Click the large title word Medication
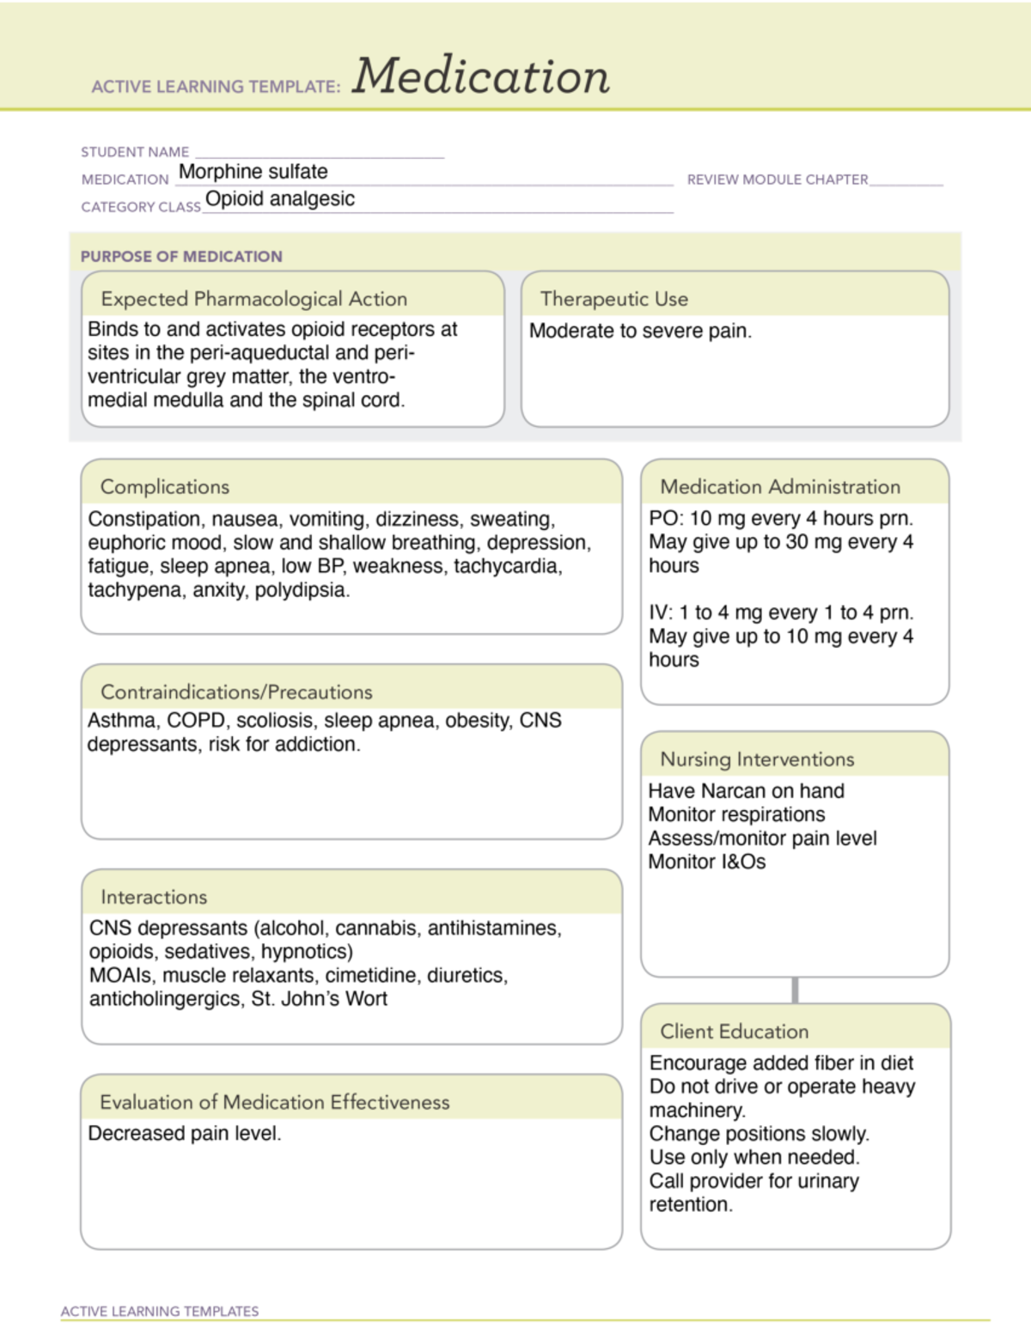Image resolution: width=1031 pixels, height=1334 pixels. pyautogui.click(x=481, y=76)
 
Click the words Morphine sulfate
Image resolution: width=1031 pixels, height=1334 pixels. pyautogui.click(x=253, y=172)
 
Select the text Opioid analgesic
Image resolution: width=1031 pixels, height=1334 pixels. pyautogui.click(x=280, y=199)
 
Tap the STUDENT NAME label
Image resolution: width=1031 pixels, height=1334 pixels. pyautogui.click(x=135, y=152)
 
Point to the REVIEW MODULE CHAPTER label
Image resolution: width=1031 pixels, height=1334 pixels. pyautogui.click(x=778, y=180)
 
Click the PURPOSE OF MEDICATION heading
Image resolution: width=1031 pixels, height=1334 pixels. pyautogui.click(x=181, y=256)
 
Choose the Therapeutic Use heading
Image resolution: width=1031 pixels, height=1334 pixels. pyautogui.click(x=614, y=299)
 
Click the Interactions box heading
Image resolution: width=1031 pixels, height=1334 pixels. pyautogui.click(x=154, y=897)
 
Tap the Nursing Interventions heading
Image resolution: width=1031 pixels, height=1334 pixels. pyautogui.click(x=757, y=759)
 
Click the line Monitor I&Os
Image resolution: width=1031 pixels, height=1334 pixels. pyautogui.click(x=706, y=862)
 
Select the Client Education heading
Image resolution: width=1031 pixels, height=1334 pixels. pyautogui.click(x=734, y=1032)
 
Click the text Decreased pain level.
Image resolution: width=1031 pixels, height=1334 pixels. pyautogui.click(x=185, y=1134)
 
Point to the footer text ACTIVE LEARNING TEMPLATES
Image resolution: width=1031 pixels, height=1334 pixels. pyautogui.click(x=160, y=1312)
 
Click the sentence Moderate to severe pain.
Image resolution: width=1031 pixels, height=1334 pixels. pyautogui.click(x=640, y=332)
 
